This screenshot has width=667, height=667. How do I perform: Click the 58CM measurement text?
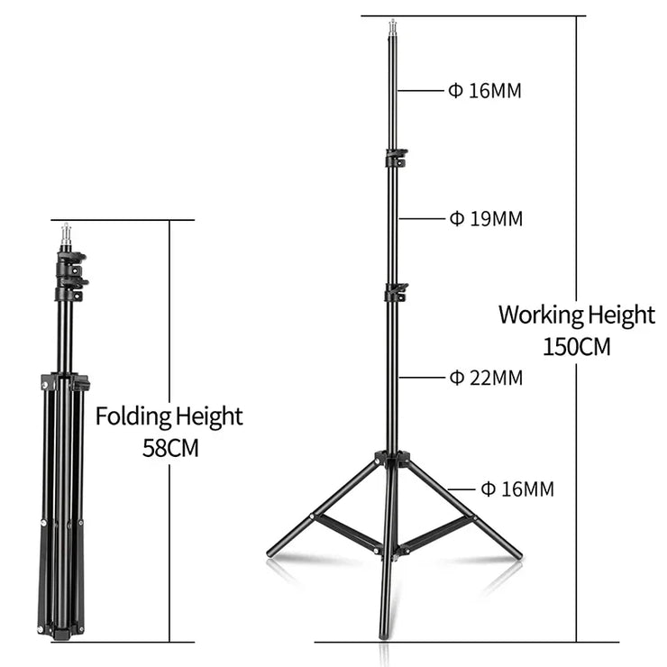pos(170,448)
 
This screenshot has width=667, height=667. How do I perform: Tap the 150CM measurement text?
pos(576,347)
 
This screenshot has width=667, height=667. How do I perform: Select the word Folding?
pos(133,416)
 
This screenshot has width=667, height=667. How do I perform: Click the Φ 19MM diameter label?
pos(486,219)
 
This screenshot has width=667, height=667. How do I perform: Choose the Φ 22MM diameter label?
pos(486,378)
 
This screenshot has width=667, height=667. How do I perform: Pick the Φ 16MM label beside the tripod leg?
pos(517,489)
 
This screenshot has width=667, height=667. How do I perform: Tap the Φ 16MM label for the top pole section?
pos(485,91)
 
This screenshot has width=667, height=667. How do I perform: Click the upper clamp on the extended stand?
pos(397,158)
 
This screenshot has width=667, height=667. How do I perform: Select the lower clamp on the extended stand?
pos(396,292)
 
